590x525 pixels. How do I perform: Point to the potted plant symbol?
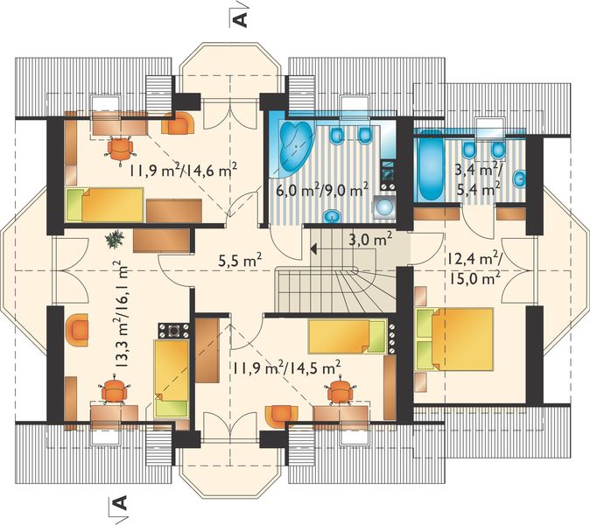point(114,237)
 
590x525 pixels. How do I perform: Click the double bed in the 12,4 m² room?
point(453,338)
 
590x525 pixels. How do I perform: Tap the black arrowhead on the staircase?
point(312,248)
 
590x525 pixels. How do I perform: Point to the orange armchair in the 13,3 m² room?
point(78,329)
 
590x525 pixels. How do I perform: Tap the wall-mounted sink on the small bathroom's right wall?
point(521,179)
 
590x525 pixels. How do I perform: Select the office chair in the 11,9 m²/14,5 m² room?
point(340,392)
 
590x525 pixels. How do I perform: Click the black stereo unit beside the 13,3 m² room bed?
point(174,332)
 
